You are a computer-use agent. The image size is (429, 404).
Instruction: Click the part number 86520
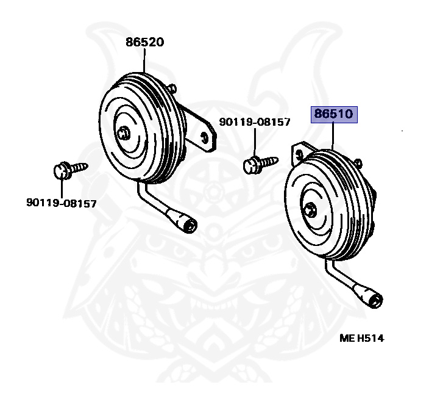click(145, 42)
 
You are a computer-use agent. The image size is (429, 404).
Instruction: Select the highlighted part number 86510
click(334, 114)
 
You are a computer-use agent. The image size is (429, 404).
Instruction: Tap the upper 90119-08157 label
click(255, 122)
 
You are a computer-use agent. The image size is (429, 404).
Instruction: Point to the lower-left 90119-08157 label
click(62, 203)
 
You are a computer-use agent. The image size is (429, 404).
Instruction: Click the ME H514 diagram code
click(362, 339)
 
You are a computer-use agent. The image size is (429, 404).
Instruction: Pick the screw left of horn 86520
click(70, 170)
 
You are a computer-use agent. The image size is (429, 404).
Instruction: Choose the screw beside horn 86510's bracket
click(260, 164)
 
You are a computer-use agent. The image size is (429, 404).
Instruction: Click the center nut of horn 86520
click(124, 133)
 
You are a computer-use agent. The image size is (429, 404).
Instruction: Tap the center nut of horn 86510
click(310, 210)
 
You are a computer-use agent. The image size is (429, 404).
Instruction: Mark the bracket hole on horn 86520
click(204, 137)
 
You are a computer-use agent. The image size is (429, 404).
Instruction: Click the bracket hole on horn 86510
click(299, 155)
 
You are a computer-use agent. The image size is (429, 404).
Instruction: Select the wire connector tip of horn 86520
click(190, 225)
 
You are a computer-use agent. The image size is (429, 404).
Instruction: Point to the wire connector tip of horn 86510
click(376, 301)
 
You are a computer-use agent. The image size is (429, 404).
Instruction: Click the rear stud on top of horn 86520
click(172, 88)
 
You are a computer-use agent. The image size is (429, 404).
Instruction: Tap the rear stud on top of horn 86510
click(358, 164)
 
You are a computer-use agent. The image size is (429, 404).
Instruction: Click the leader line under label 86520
click(144, 60)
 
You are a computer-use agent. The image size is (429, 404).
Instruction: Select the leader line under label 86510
click(333, 137)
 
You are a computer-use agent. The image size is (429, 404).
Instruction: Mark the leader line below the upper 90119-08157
click(255, 143)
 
